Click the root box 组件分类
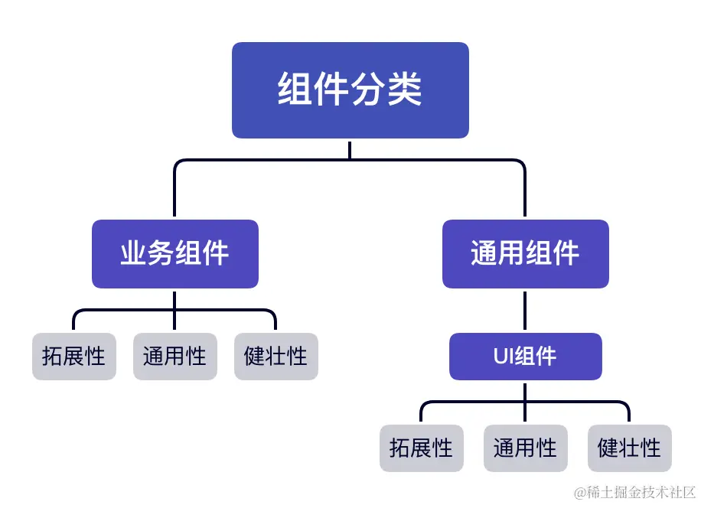point(350,90)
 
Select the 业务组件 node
point(174,254)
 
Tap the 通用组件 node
point(525,254)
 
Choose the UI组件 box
point(525,357)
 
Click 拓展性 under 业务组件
point(74,357)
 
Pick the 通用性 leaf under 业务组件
point(174,357)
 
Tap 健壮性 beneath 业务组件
point(276,357)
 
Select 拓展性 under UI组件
point(421,448)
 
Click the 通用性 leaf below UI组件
point(525,448)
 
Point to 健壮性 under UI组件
point(629,448)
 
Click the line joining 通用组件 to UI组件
point(525,310)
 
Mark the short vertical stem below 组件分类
point(350,149)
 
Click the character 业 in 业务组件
point(133,254)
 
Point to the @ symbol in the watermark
point(581,491)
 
